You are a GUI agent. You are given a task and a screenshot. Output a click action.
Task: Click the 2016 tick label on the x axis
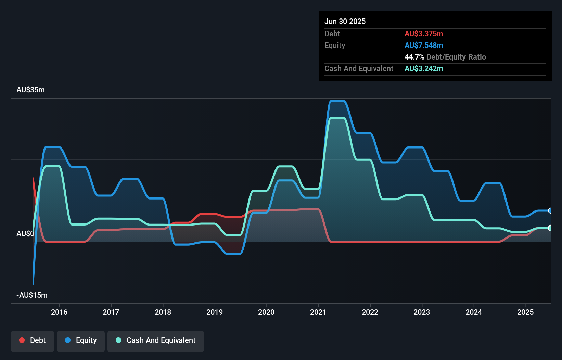pyautogui.click(x=59, y=312)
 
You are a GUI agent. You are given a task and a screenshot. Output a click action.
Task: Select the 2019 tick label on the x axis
pyautogui.click(x=215, y=312)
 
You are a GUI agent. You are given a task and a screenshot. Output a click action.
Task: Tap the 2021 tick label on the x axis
pyautogui.click(x=318, y=312)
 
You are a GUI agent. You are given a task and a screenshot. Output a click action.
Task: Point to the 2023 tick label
pyautogui.click(x=422, y=312)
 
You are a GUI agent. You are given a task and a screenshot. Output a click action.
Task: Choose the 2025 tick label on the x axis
pyautogui.click(x=525, y=312)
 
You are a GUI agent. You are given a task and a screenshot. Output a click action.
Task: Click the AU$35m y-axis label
pyautogui.click(x=30, y=90)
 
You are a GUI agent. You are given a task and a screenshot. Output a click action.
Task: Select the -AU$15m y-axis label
pyautogui.click(x=32, y=295)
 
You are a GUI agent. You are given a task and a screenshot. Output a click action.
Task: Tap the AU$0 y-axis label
pyautogui.click(x=25, y=233)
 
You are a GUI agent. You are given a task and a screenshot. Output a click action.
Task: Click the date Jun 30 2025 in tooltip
pyautogui.click(x=345, y=21)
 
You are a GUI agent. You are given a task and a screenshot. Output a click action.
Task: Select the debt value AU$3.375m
pyautogui.click(x=424, y=34)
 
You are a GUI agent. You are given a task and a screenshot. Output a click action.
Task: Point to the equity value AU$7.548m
pyautogui.click(x=424, y=45)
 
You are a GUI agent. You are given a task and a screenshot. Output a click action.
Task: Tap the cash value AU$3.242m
pyautogui.click(x=424, y=68)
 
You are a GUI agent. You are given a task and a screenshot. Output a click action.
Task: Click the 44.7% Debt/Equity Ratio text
pyautogui.click(x=445, y=57)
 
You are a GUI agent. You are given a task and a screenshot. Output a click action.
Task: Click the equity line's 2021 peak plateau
pyautogui.click(x=337, y=101)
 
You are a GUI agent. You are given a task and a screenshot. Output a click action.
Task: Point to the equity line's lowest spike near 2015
pyautogui.click(x=33, y=284)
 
